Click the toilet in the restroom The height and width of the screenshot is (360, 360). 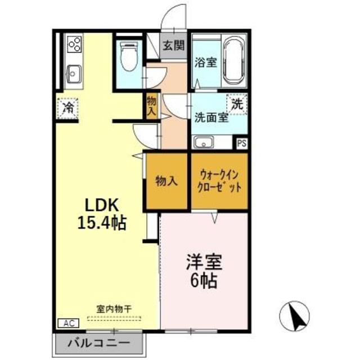pyautogui.click(x=129, y=56)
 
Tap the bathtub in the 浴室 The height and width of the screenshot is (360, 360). pyautogui.click(x=234, y=62)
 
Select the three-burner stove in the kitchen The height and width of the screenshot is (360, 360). pyautogui.click(x=74, y=44)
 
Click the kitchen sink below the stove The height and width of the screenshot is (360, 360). pyautogui.click(x=74, y=74)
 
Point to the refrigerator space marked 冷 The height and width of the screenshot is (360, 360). pyautogui.click(x=68, y=108)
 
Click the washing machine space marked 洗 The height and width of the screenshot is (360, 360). pyautogui.click(x=237, y=105)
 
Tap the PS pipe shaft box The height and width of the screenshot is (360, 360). pyautogui.click(x=242, y=143)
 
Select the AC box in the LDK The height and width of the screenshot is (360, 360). pyautogui.click(x=69, y=323)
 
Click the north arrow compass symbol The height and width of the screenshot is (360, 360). pyautogui.click(x=295, y=316)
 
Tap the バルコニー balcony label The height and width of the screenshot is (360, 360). pyautogui.click(x=99, y=343)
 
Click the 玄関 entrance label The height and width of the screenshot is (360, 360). pyautogui.click(x=174, y=45)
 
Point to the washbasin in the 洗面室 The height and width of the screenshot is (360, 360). pyautogui.click(x=204, y=142)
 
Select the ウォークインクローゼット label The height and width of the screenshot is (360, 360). pyautogui.click(x=219, y=181)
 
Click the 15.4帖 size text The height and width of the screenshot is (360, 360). pyautogui.click(x=102, y=223)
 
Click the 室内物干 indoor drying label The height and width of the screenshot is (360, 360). pyautogui.click(x=114, y=309)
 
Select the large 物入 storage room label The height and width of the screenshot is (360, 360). pyautogui.click(x=166, y=181)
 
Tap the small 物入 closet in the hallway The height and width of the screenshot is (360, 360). pyautogui.click(x=152, y=106)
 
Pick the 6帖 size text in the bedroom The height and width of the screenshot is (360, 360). pyautogui.click(x=204, y=281)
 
